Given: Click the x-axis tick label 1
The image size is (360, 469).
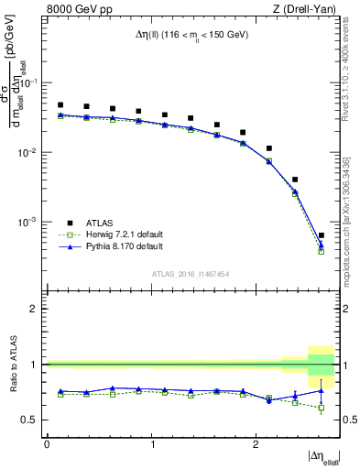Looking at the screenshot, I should tap(151, 444).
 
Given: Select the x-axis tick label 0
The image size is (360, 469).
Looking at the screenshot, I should tap(47, 444).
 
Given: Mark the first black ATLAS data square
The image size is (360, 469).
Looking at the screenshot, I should tap(60, 105).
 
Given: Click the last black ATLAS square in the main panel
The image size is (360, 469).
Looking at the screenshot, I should tap(322, 235).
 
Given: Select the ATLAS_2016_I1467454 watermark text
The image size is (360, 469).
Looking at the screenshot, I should tap(191, 273).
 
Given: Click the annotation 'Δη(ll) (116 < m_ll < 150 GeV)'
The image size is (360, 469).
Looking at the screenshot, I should tap(191, 36).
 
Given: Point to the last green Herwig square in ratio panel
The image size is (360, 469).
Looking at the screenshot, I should tap(322, 409).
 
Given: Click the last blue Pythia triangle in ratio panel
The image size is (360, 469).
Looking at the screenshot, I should tap(322, 390).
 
